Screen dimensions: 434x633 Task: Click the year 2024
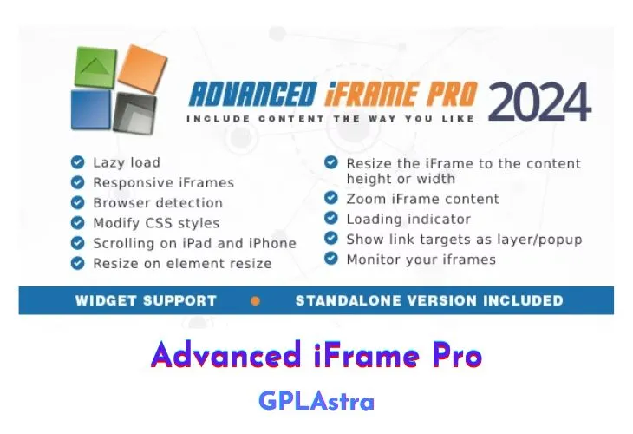[539, 102]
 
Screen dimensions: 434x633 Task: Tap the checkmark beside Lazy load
[77, 162]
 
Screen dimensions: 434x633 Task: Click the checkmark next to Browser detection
[77, 202]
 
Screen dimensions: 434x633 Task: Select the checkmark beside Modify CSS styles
[77, 223]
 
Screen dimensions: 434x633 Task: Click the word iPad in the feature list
[203, 243]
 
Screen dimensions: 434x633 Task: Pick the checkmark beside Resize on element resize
[77, 263]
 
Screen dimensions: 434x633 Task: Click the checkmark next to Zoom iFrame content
[330, 199]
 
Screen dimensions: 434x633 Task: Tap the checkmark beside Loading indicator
[330, 219]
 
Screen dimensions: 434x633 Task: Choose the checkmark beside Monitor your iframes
[330, 259]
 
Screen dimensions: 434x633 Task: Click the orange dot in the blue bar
[255, 301]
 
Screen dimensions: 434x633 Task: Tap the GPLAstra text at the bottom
[316, 401]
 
